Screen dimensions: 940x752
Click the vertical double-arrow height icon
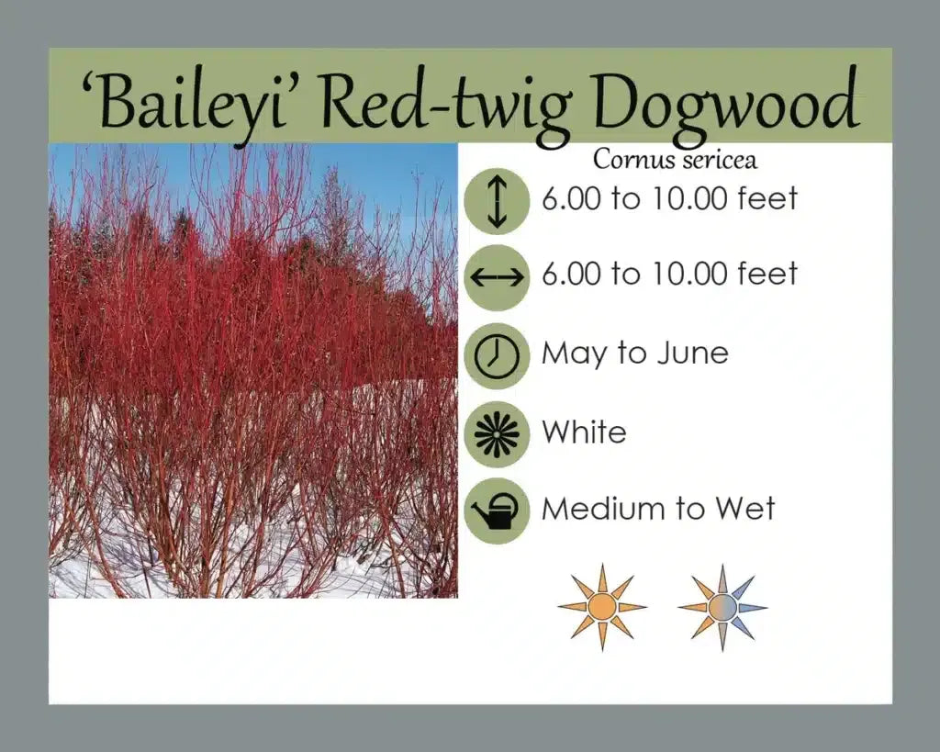(x=497, y=201)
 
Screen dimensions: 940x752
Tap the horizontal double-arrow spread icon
(x=497, y=277)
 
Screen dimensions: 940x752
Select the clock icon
(x=497, y=356)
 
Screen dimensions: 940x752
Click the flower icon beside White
(x=497, y=434)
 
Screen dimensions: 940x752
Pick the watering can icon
(x=497, y=511)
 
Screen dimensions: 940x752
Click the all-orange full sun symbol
(x=602, y=607)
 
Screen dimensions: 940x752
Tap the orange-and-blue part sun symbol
(x=722, y=607)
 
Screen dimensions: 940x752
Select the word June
(x=692, y=352)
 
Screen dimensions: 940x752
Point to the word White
(x=584, y=432)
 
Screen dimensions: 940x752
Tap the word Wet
(x=745, y=508)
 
